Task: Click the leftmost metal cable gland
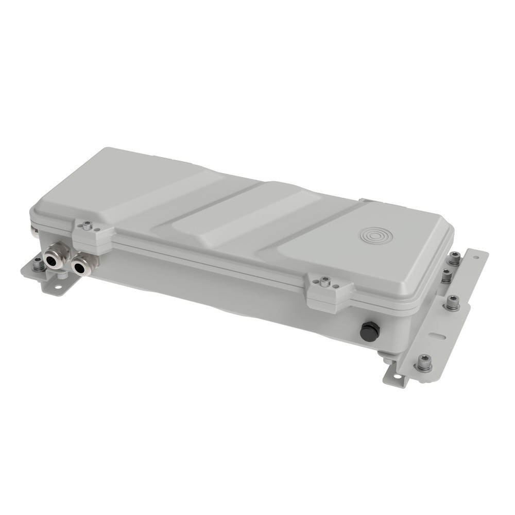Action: coord(53,260)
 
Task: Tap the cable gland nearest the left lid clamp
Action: coord(80,267)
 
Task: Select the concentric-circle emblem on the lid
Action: coord(376,236)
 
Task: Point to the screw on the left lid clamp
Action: coord(88,225)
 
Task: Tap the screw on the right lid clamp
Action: coord(324,281)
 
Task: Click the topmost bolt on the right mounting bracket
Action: coord(454,257)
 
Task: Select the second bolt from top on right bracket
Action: coord(446,276)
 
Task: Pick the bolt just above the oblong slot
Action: coord(452,303)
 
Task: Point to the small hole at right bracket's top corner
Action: coord(478,256)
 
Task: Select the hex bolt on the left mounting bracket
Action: coord(38,265)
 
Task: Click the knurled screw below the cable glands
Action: coord(62,276)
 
